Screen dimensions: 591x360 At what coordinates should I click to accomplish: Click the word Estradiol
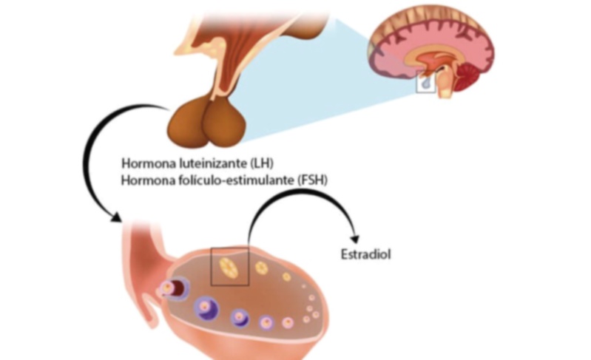pos(365,254)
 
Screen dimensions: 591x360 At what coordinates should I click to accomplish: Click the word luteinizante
pos(209,163)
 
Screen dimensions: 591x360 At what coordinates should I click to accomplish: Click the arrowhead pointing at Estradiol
pos(355,239)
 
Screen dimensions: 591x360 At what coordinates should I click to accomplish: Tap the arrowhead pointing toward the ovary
pos(116,217)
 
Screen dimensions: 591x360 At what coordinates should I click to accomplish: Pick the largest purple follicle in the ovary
pos(206,308)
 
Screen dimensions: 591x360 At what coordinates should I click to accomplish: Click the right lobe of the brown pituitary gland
pos(225,123)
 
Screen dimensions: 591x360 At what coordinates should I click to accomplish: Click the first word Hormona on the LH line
pos(146,163)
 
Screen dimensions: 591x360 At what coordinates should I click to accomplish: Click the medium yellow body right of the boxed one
pos(261,268)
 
